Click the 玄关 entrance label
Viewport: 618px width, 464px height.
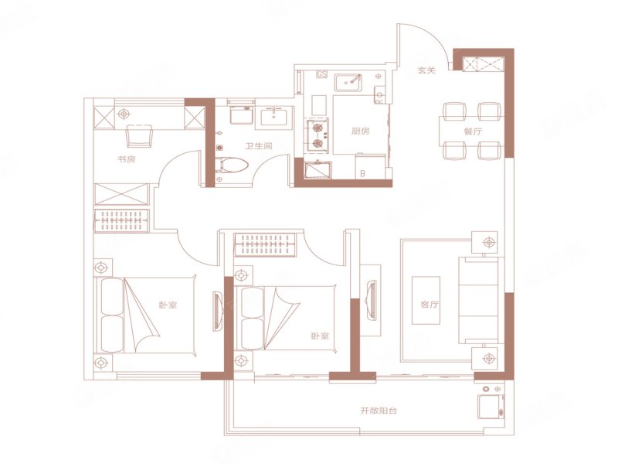coord(426,70)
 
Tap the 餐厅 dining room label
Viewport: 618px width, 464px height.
coord(473,131)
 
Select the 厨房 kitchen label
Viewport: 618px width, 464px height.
coord(361,131)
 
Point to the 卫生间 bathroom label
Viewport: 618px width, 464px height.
coord(259,146)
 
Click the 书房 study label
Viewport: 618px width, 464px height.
coord(127,159)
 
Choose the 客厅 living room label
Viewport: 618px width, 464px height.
coord(430,305)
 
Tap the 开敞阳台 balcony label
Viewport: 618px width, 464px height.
coord(379,411)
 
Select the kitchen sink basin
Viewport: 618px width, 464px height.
coord(349,82)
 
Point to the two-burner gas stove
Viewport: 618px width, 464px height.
coord(317,135)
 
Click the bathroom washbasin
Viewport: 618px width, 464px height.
coord(273,118)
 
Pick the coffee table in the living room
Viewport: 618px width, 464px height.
coord(426,300)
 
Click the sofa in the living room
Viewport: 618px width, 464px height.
coord(480,301)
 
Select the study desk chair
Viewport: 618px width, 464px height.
coord(139,135)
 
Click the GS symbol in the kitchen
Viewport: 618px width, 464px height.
coord(322,74)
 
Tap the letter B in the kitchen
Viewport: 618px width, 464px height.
coord(362,172)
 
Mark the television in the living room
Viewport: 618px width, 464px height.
coord(371,300)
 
